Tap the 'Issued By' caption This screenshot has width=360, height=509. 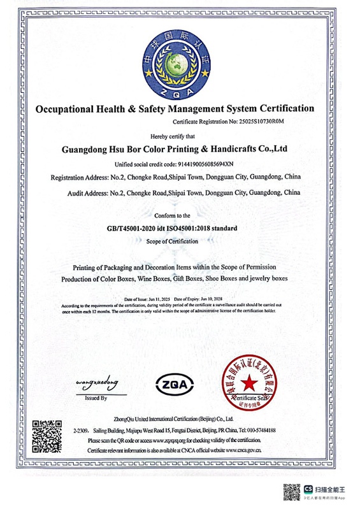pyautogui.click(x=96, y=398)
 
